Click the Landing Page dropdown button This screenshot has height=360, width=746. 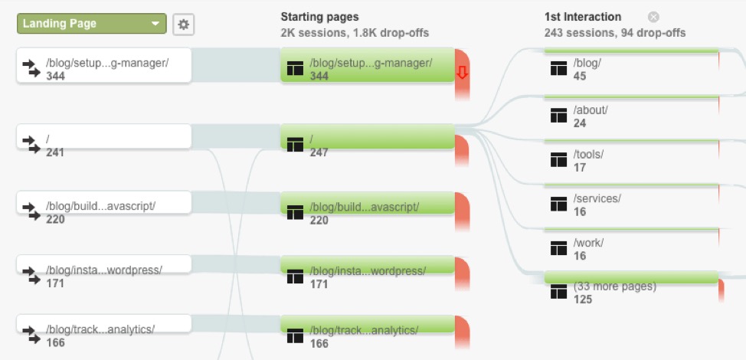[x=91, y=24]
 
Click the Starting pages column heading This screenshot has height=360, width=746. [x=319, y=17]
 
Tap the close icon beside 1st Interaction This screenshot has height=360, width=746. [x=653, y=17]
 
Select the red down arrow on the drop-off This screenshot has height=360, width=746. [x=462, y=73]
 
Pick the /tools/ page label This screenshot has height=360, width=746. [x=589, y=155]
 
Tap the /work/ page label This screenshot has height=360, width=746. [x=588, y=243]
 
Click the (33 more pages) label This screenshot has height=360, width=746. [x=615, y=286]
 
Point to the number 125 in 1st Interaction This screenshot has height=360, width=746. [x=583, y=299]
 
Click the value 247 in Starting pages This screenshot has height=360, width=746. [x=319, y=152]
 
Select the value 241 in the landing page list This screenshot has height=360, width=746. [x=55, y=152]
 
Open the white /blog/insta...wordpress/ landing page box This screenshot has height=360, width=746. [x=103, y=264]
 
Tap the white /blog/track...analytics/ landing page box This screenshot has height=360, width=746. [x=103, y=323]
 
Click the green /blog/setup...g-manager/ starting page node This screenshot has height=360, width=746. [x=368, y=64]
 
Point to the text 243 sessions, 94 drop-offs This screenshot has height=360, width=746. [x=615, y=33]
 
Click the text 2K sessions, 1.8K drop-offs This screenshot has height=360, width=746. [x=355, y=33]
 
